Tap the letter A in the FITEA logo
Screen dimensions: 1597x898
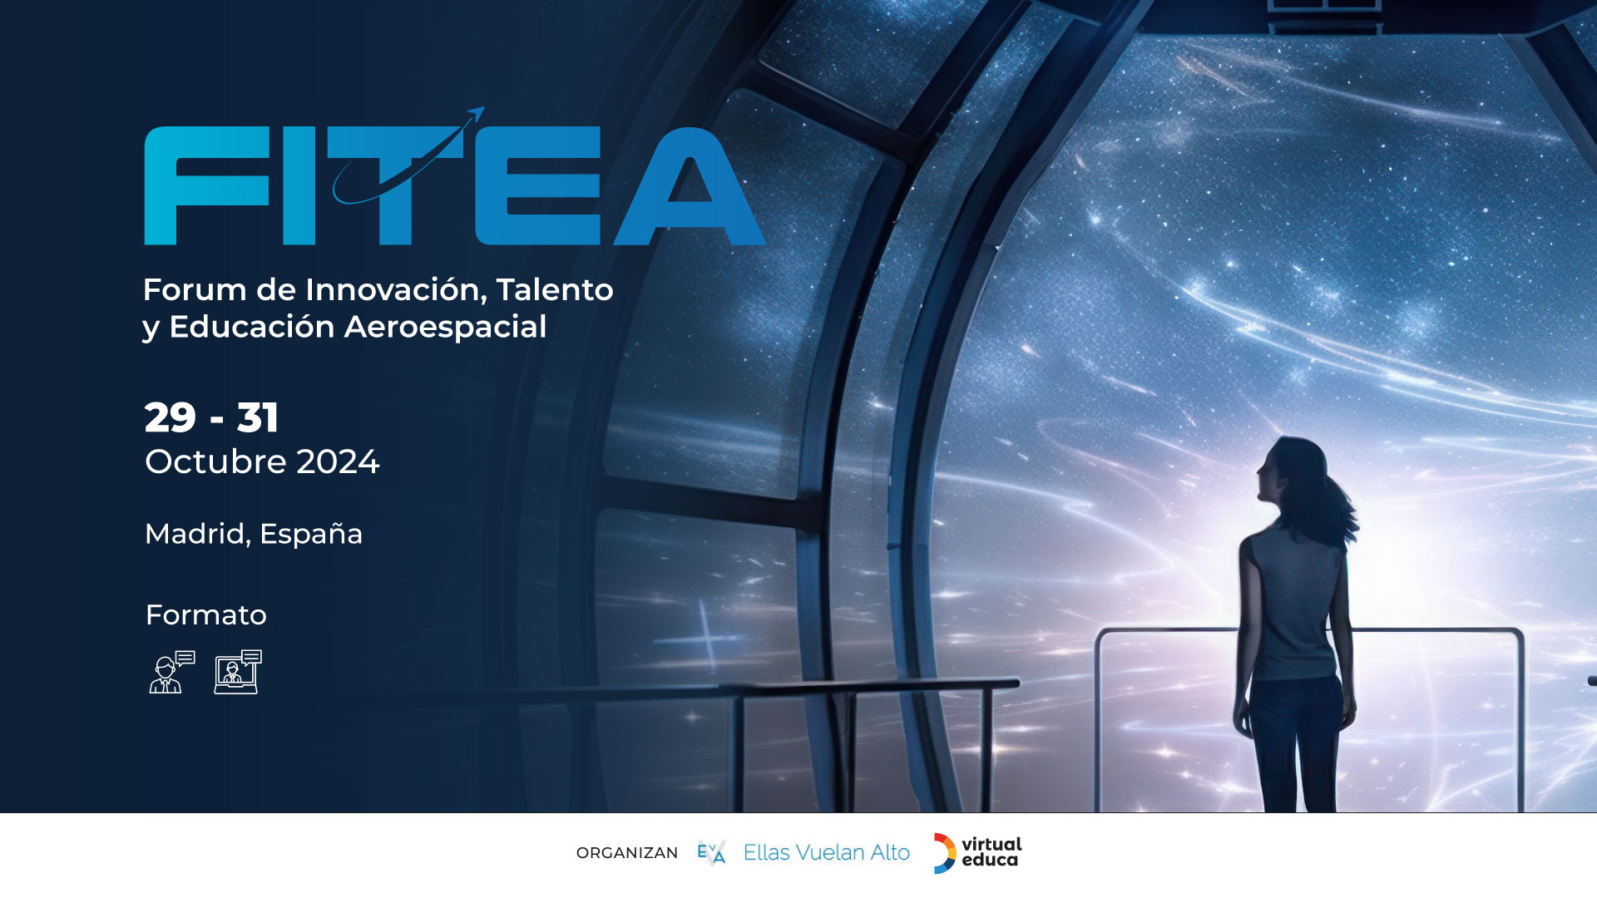click(689, 185)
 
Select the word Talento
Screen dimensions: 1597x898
click(555, 289)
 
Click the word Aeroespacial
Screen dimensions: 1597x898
click(445, 327)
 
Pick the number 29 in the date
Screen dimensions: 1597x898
click(170, 417)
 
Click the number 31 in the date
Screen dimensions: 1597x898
click(258, 417)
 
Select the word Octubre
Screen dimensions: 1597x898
click(216, 461)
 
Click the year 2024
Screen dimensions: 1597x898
click(338, 462)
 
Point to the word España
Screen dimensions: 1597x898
click(311, 534)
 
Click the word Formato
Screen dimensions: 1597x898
click(206, 614)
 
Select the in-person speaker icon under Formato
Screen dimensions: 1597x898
click(171, 672)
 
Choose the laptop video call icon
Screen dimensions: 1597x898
click(238, 672)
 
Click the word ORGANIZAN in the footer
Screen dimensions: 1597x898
click(627, 853)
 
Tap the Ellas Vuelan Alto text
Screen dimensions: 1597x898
click(827, 852)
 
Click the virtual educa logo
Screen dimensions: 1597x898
click(977, 853)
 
